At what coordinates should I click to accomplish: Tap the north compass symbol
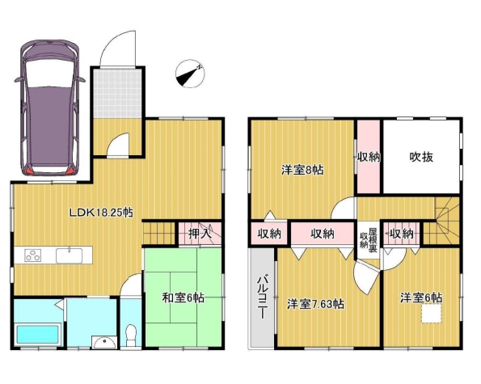[x=190, y=74]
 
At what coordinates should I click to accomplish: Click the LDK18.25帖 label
[x=101, y=213]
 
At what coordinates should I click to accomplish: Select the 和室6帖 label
[x=184, y=297]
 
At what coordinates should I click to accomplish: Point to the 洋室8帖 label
[x=302, y=170]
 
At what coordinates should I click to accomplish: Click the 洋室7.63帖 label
[x=315, y=304]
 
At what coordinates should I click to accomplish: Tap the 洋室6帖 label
[x=421, y=297]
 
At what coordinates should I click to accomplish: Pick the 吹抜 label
[x=421, y=157]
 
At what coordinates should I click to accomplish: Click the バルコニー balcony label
[x=262, y=296]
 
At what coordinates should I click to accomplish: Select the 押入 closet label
[x=200, y=234]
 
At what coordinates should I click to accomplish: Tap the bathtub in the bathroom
[x=37, y=335]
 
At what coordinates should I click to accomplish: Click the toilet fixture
[x=131, y=335]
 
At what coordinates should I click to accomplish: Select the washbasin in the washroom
[x=105, y=342]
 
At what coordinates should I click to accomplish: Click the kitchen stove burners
[x=33, y=255]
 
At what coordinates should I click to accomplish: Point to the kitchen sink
[x=69, y=255]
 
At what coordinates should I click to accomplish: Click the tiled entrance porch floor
[x=117, y=93]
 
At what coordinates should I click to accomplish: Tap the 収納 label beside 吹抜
[x=369, y=158]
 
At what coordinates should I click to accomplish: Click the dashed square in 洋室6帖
[x=432, y=313]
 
